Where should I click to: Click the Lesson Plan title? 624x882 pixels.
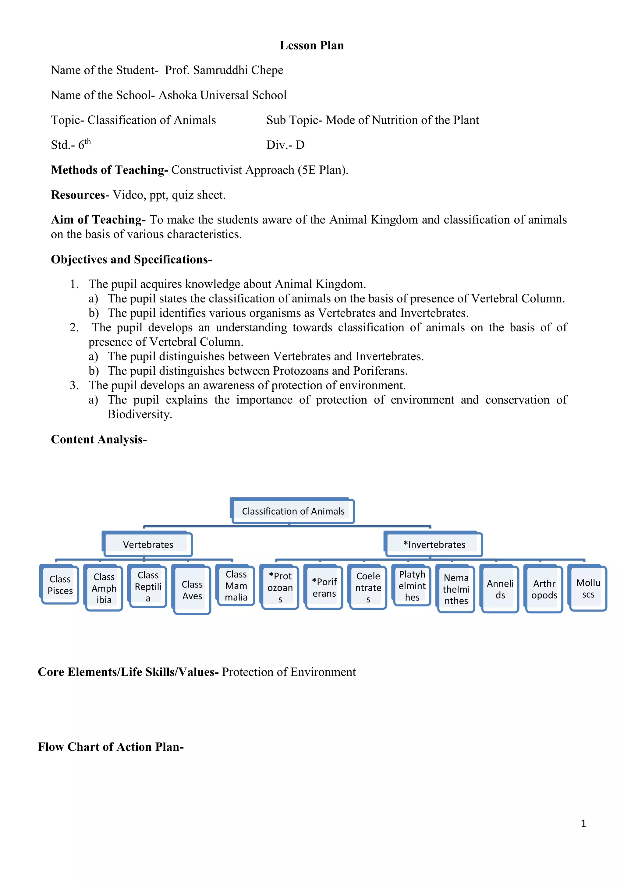[x=312, y=45]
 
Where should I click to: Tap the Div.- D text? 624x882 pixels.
[x=285, y=145]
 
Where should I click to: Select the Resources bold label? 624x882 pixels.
[x=78, y=195]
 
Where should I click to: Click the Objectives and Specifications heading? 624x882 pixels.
[x=131, y=260]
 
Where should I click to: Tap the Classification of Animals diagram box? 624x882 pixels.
[x=293, y=511]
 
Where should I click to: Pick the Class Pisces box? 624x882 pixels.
[x=60, y=585]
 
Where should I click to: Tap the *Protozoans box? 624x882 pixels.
[x=280, y=587]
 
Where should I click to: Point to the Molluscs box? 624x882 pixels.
[x=588, y=588]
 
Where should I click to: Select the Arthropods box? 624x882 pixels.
[x=544, y=589]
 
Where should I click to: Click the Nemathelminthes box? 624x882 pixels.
[x=456, y=589]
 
